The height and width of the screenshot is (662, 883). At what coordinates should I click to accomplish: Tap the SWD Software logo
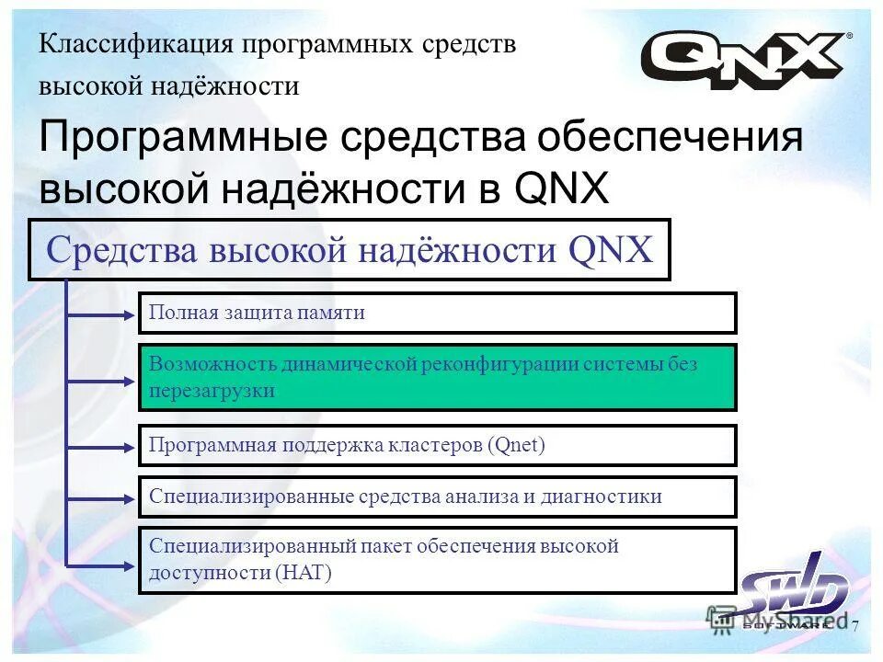794,593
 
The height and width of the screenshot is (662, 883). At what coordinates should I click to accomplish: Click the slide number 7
854,627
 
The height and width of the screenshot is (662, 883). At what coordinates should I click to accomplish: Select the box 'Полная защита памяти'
437,313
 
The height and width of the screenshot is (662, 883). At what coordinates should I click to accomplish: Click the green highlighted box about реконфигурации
437,377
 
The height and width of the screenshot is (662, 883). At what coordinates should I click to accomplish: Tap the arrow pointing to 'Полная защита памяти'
101,314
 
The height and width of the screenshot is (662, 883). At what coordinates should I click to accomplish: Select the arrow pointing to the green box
101,378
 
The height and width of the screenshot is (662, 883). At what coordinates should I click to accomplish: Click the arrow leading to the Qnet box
101,446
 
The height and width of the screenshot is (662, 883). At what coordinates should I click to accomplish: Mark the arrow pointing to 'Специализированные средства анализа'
101,496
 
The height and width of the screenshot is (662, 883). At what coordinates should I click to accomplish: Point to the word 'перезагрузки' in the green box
212,390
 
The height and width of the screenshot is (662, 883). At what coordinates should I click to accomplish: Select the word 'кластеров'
438,446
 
